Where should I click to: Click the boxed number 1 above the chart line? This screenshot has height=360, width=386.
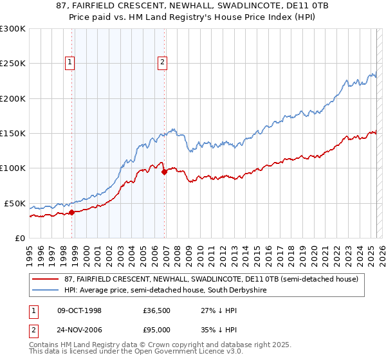point(69,62)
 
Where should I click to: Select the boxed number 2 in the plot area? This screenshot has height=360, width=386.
point(162,62)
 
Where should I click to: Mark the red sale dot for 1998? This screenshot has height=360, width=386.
point(72,212)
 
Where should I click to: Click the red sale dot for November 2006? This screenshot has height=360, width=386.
point(164,172)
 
